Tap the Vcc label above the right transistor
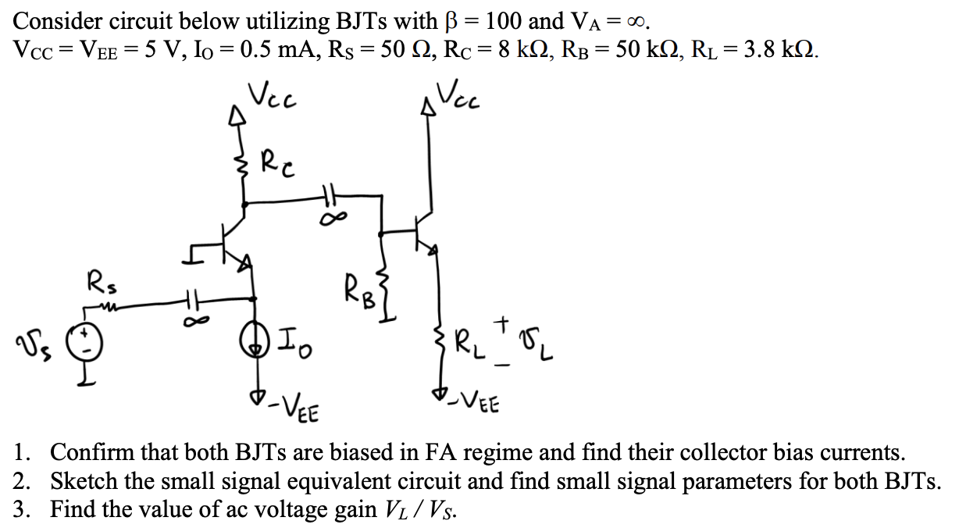(x=461, y=96)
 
